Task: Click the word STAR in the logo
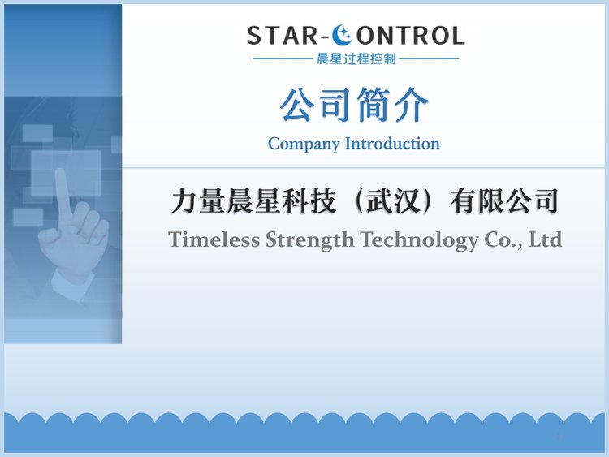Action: coord(283,36)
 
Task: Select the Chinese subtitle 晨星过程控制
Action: coord(356,59)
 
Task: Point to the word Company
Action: coord(304,144)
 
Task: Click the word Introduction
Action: coord(392,144)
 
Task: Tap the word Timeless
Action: coord(214,239)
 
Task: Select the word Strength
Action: coord(310,240)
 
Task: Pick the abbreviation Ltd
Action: coord(546,239)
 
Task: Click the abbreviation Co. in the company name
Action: coord(503,240)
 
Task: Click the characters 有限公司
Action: coord(504,201)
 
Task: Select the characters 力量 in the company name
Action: coord(197,201)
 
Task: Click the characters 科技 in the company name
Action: coord(309,201)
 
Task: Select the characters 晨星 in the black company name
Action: coord(253,201)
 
